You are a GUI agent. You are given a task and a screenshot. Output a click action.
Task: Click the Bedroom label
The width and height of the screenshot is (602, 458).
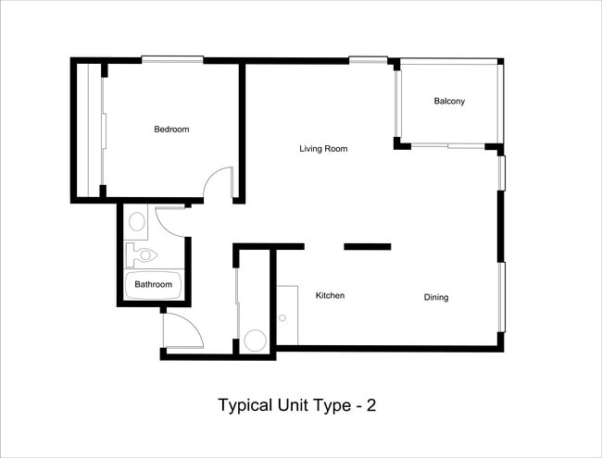(171, 130)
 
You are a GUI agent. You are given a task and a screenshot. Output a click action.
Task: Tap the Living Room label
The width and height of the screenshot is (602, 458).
(323, 148)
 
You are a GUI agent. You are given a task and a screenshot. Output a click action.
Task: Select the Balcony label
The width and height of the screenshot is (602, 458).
(449, 101)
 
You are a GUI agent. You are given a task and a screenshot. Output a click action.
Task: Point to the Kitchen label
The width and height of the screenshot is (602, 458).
(331, 296)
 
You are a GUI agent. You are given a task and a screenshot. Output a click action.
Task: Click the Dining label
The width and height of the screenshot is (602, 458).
(436, 297)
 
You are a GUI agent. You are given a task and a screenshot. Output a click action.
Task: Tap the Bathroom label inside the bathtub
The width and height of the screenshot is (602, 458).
(154, 285)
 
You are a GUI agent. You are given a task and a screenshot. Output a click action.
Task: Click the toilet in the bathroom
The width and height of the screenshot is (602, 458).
(143, 252)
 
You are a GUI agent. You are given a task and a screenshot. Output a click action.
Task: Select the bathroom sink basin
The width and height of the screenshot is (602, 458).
(136, 222)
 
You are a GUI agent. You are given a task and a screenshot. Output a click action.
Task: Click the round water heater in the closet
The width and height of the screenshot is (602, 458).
(255, 340)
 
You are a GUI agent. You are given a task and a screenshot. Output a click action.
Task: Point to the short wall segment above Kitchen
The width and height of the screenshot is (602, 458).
(368, 246)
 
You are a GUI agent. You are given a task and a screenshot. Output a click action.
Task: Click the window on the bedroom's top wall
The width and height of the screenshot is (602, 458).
(172, 60)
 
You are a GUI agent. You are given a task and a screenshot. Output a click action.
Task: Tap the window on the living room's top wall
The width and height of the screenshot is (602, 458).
(368, 60)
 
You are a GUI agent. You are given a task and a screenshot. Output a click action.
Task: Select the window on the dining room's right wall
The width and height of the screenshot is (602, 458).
(502, 296)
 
